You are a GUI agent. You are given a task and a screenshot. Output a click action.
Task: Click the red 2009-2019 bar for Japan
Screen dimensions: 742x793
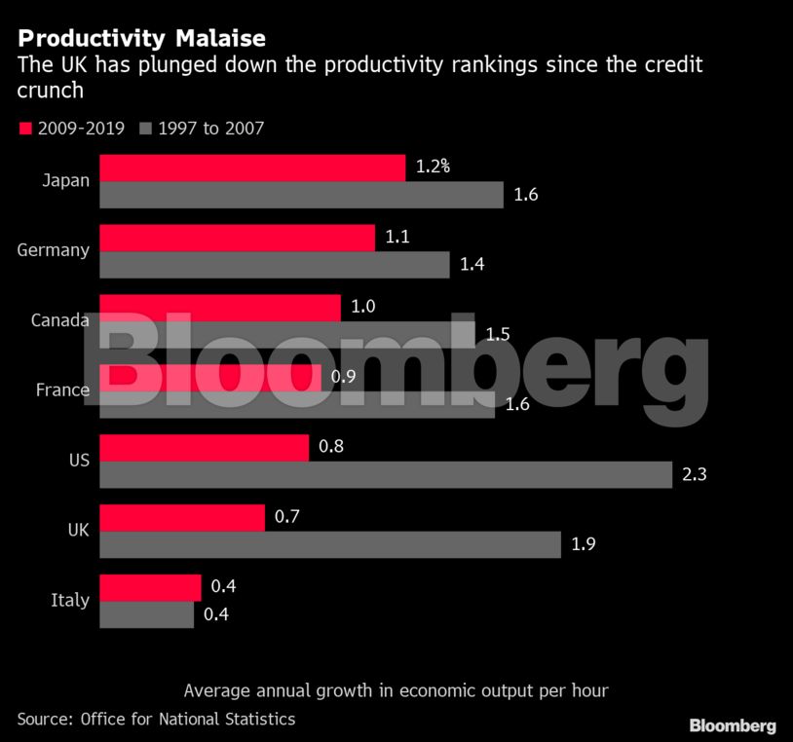252,167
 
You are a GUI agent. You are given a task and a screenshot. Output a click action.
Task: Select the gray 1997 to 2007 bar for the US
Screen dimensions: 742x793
386,475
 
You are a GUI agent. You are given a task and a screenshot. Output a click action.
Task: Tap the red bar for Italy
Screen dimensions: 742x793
150,588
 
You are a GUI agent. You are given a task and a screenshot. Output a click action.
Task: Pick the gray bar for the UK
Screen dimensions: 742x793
330,544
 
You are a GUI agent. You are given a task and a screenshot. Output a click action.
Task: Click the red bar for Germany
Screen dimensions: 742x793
237,238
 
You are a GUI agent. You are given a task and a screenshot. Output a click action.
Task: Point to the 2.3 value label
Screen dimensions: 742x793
694,475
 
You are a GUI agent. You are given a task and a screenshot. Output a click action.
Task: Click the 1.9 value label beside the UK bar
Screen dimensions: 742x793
583,544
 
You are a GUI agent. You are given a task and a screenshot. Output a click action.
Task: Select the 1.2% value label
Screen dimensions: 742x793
433,167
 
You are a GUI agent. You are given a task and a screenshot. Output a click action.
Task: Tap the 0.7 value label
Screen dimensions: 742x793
286,517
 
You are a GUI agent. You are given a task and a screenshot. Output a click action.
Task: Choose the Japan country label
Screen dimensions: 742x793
66,179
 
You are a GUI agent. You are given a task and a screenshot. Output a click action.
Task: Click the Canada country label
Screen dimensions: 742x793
60,320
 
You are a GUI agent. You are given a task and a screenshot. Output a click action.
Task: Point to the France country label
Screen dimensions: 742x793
62,390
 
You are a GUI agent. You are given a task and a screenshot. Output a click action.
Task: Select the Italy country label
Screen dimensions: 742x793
70,600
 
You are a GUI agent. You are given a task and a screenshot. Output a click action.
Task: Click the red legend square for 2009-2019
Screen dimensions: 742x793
25,128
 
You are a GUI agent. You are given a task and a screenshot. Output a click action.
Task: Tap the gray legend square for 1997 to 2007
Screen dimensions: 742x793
146,128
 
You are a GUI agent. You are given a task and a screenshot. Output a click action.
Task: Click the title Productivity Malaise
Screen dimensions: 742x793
141,39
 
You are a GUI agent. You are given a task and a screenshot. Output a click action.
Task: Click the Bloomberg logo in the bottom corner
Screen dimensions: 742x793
733,725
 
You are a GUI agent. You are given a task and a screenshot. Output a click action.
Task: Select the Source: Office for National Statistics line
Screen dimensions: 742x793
156,719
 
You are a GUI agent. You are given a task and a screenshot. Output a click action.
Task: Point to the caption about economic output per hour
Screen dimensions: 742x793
396,690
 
